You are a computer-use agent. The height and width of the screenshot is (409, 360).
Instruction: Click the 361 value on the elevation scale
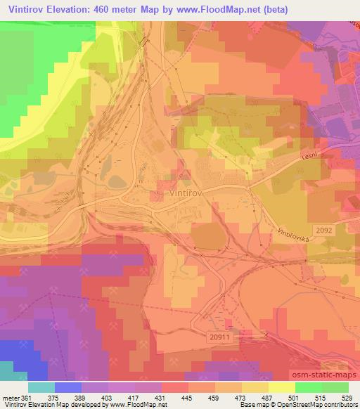[x=26, y=398]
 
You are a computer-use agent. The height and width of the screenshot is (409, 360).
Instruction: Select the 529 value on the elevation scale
[x=347, y=398]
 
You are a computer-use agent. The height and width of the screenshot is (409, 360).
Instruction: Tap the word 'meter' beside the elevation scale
[x=10, y=398]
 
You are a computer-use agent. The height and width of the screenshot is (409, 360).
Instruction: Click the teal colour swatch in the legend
[x=41, y=387]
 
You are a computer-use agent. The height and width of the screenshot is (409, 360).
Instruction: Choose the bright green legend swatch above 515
[x=309, y=387]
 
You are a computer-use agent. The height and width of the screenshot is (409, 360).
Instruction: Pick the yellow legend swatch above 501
[x=282, y=387]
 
